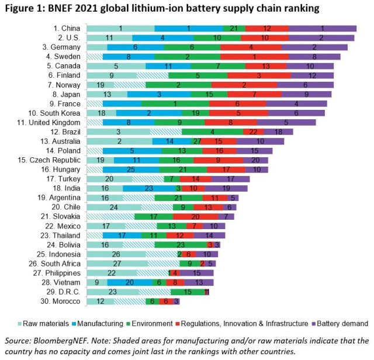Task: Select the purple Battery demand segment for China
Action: tap(322, 28)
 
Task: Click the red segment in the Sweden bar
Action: tap(254, 57)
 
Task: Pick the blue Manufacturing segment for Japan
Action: tap(158, 94)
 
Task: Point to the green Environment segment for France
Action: tap(175, 103)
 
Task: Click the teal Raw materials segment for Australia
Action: tap(119, 141)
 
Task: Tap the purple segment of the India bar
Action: tap(226, 188)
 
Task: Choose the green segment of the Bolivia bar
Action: tap(181, 245)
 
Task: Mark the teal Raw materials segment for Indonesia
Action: tap(116, 254)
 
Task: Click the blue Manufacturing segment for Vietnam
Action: tap(130, 282)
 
